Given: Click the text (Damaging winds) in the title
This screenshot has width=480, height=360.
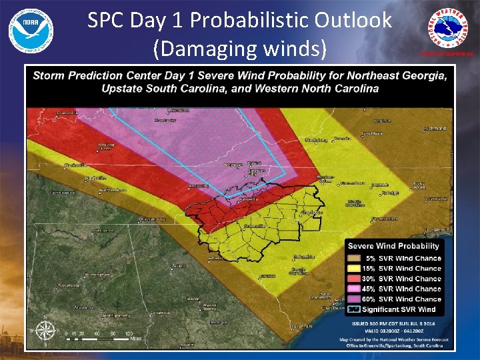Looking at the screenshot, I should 240,48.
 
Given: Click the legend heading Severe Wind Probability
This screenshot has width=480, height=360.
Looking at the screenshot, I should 393,247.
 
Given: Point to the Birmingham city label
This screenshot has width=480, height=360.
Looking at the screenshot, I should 96,273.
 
